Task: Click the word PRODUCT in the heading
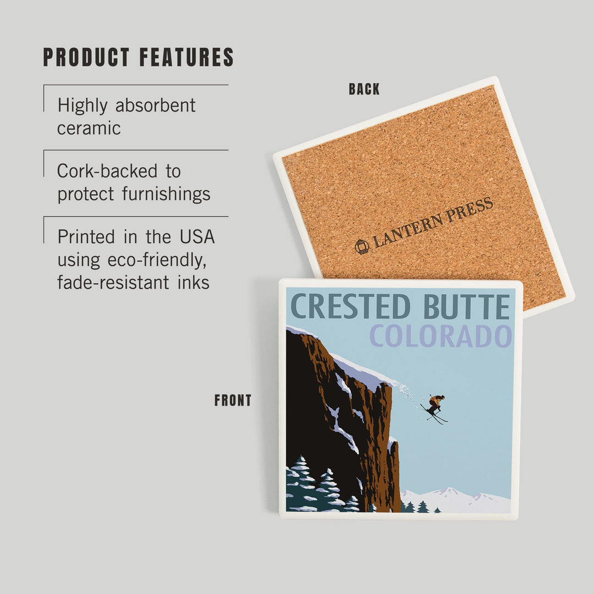click(x=86, y=58)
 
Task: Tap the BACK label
click(x=364, y=89)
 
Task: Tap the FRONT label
click(x=233, y=401)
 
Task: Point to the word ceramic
click(x=89, y=128)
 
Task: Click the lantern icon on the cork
click(x=362, y=246)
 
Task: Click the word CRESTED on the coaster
click(x=350, y=307)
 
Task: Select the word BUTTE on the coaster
click(x=466, y=307)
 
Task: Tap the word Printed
click(x=86, y=237)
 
